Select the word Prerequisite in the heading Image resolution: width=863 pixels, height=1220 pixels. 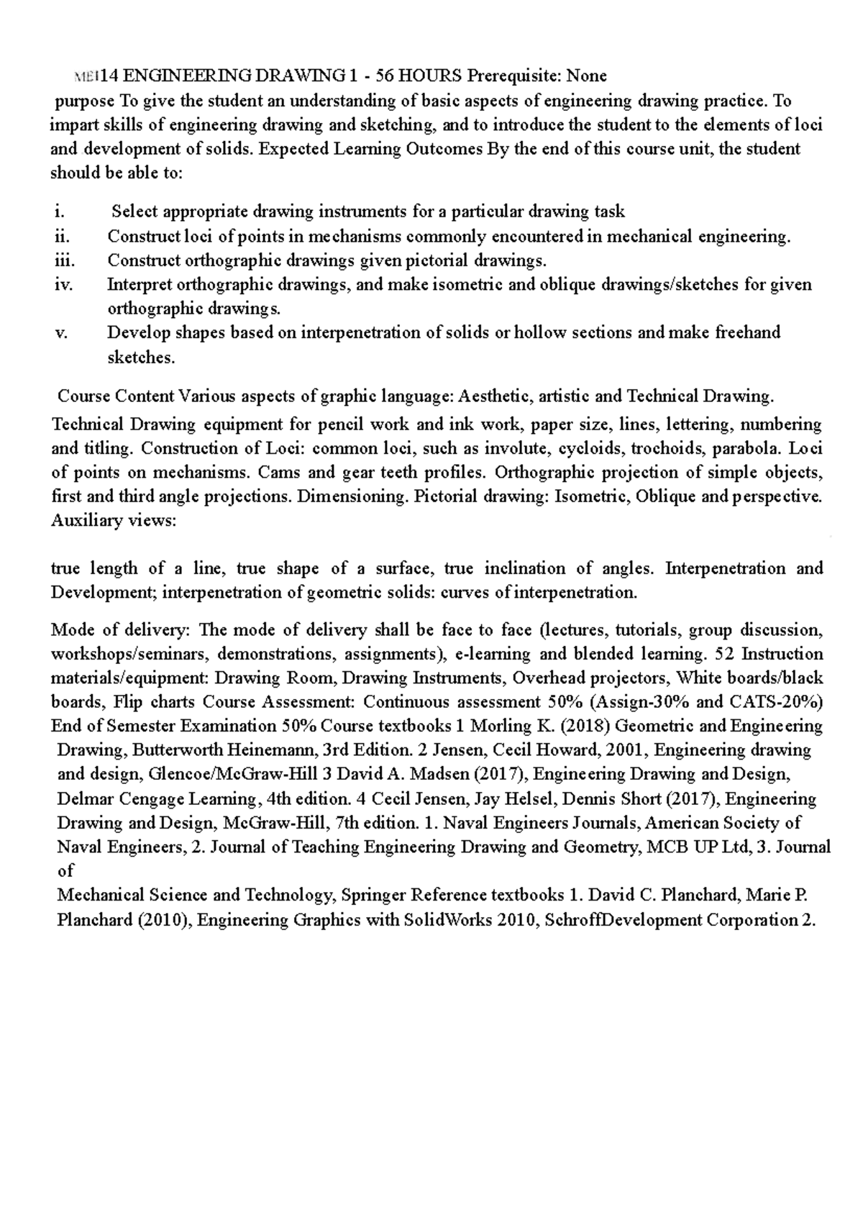tap(515, 76)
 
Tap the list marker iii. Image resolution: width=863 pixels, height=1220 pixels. tap(64, 260)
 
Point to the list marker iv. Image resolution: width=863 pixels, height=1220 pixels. tap(63, 285)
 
